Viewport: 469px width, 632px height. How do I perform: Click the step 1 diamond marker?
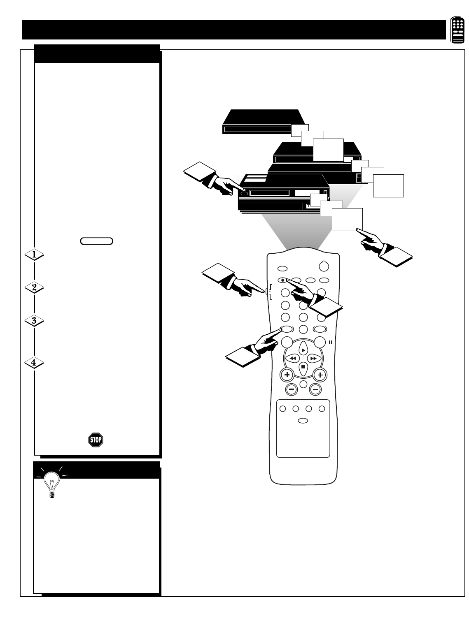35,255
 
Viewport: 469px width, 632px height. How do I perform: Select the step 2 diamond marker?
35,288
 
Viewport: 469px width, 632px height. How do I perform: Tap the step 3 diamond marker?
35,321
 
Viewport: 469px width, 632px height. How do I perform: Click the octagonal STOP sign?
96,440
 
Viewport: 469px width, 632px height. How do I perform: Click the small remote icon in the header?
457,30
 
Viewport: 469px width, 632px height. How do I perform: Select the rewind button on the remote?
292,359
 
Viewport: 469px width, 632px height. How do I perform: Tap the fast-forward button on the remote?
313,359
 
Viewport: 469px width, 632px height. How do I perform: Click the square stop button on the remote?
303,366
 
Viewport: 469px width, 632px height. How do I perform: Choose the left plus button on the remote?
287,375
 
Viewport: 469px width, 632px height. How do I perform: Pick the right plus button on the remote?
320,375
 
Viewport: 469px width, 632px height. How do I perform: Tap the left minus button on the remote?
292,389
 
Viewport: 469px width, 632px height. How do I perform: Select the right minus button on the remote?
315,389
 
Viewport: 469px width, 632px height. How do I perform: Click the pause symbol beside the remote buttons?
330,342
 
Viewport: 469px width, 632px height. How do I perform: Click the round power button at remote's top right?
324,266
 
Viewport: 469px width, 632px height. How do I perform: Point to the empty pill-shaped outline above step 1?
97,241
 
